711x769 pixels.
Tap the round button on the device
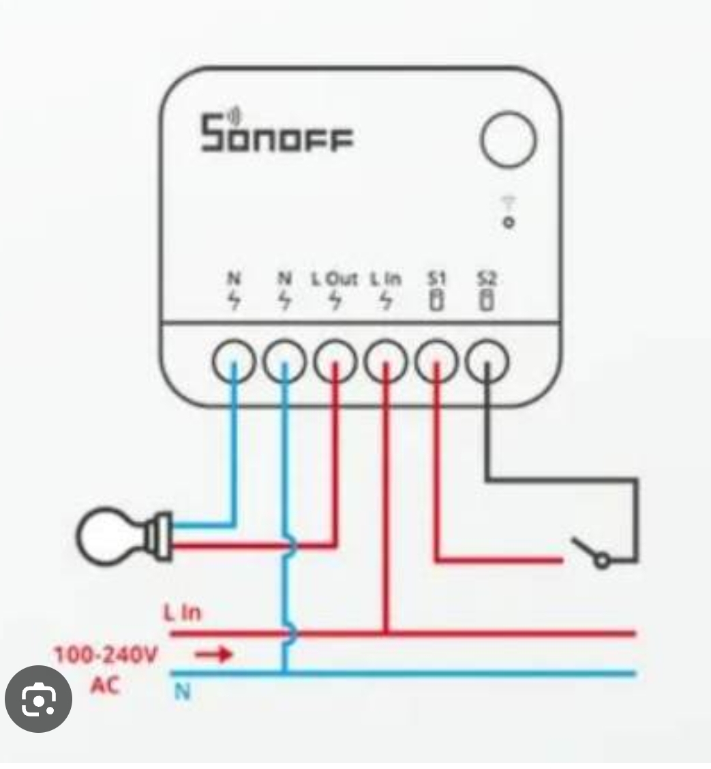[509, 140]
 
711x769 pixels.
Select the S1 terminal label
[436, 279]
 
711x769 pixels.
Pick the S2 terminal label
[487, 279]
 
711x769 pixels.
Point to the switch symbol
[592, 553]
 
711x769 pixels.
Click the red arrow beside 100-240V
[215, 655]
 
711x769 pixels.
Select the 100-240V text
[106, 656]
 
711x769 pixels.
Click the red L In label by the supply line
[182, 613]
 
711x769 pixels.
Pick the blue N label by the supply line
[181, 692]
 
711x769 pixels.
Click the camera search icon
[38, 700]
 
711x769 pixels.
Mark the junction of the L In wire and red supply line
[386, 633]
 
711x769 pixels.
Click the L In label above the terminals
[386, 279]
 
